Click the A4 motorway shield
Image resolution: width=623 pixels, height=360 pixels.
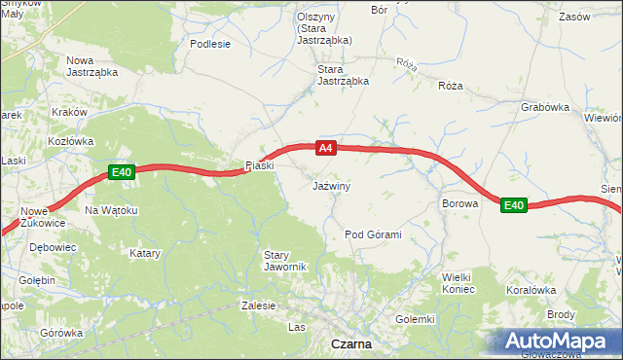coord(326,148)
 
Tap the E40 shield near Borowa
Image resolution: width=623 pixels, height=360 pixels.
coord(514,205)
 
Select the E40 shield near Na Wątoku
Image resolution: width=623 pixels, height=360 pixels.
coord(121,172)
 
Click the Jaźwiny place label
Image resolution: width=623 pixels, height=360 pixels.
coord(332,185)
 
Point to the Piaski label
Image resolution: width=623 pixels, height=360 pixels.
coord(260,165)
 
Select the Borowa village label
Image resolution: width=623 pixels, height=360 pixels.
coord(460,204)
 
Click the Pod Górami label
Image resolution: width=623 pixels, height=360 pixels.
coord(373,234)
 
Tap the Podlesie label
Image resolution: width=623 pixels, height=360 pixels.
coord(210,44)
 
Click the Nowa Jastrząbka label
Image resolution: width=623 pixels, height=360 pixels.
coord(92,66)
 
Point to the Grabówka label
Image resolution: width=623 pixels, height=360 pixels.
coord(545,108)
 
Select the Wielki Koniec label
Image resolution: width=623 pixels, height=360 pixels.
coord(458,283)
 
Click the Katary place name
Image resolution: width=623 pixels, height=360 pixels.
coord(145,253)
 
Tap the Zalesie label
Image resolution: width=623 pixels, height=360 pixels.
coord(258,305)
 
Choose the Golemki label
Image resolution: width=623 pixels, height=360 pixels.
coord(415,319)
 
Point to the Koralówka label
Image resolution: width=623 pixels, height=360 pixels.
coord(531,290)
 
